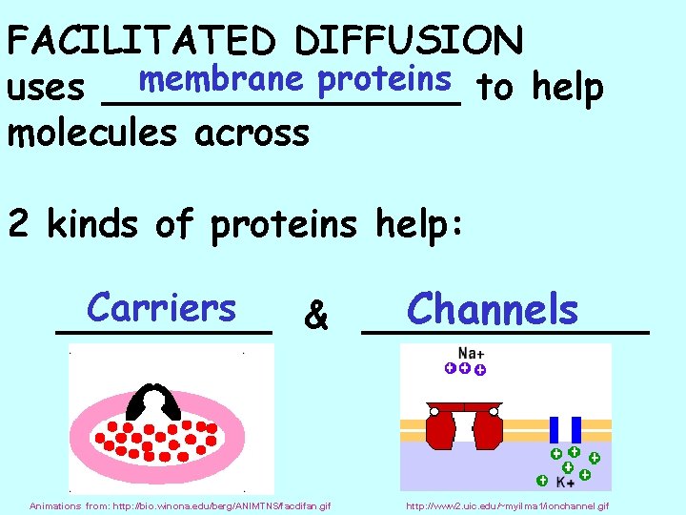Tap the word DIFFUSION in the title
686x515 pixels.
coord(409,41)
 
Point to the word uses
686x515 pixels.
coord(46,88)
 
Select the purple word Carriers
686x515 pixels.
coord(160,308)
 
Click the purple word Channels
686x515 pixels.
coord(492,309)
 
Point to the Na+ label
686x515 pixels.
coord(471,352)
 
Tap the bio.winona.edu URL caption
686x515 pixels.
coord(180,505)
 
